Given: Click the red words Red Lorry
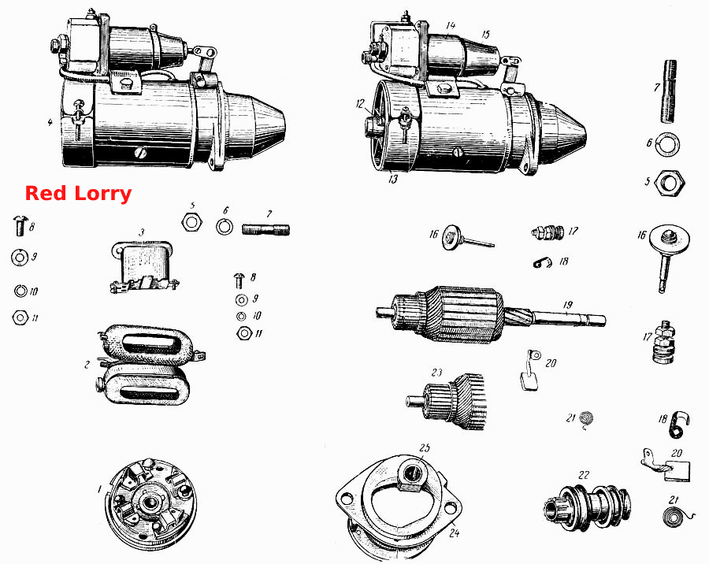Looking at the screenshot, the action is coord(78,194).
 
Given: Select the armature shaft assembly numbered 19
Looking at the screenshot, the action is coord(491,314).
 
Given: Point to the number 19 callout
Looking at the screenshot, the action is coord(568,305).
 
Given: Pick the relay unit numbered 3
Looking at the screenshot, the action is coord(143,267).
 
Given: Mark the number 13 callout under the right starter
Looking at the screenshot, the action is coord(393,179).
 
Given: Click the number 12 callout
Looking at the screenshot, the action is coord(360,104).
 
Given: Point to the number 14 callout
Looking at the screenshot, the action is coord(451,26).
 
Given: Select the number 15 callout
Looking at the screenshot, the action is coord(485,35).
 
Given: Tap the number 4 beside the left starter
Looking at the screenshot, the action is coord(50,122).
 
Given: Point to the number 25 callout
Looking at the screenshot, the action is coord(424,447).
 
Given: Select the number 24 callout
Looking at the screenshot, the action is coord(454,533).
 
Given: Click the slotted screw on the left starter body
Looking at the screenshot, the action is coord(141,154).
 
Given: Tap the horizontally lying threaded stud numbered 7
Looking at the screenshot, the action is coord(266,229).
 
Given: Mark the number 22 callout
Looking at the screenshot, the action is coord(584,475).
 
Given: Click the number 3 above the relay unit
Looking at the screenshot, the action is coord(142,232).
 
